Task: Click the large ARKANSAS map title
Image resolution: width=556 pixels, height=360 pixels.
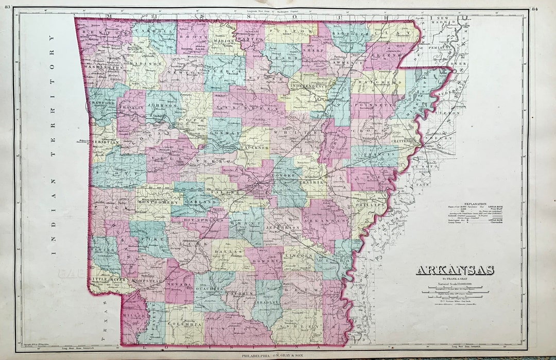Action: [x=455, y=270]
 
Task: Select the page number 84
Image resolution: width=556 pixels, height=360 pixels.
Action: [x=535, y=9]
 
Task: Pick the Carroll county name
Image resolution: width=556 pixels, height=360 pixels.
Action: [x=150, y=31]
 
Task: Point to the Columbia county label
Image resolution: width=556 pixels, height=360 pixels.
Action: [x=184, y=324]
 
